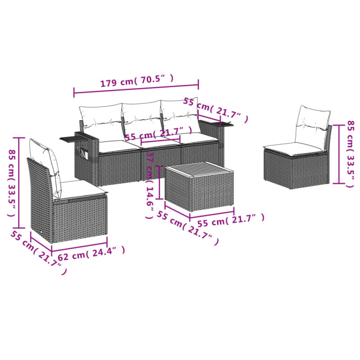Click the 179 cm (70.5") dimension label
pos(137,81)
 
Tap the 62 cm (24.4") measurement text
pos(91,253)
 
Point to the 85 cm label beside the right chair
pos(351,154)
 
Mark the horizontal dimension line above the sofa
pos(136,89)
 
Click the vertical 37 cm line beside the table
pos(159,182)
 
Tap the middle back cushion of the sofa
pos(141,119)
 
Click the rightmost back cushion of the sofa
pos(180,116)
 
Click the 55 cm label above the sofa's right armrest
pos(215,110)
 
